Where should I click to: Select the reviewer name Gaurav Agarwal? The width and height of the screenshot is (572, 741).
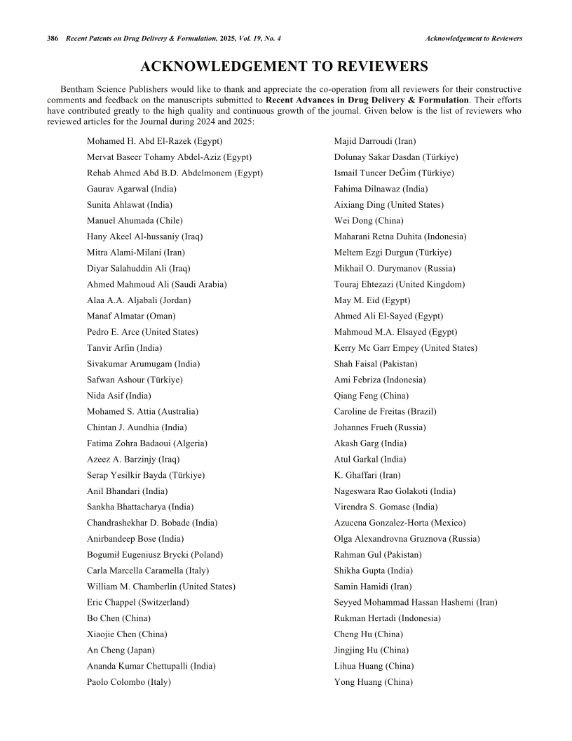tap(131, 189)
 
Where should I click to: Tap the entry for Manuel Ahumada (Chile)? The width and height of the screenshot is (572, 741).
tap(135, 220)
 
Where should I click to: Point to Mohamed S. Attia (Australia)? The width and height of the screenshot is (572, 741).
tap(142, 411)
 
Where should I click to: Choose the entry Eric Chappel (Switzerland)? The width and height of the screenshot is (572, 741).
tap(137, 602)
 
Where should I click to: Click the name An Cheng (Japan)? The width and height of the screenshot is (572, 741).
tap(121, 650)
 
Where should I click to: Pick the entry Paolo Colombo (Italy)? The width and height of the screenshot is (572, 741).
tap(129, 681)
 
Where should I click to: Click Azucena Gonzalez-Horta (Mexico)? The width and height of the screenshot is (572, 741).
tap(400, 523)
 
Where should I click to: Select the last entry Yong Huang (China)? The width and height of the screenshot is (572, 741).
tap(373, 681)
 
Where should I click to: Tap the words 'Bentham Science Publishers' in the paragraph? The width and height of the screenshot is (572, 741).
tap(115, 90)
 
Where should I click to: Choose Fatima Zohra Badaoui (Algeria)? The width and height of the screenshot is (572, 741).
tap(147, 443)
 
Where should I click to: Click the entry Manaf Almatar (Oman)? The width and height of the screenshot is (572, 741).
tap(131, 316)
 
